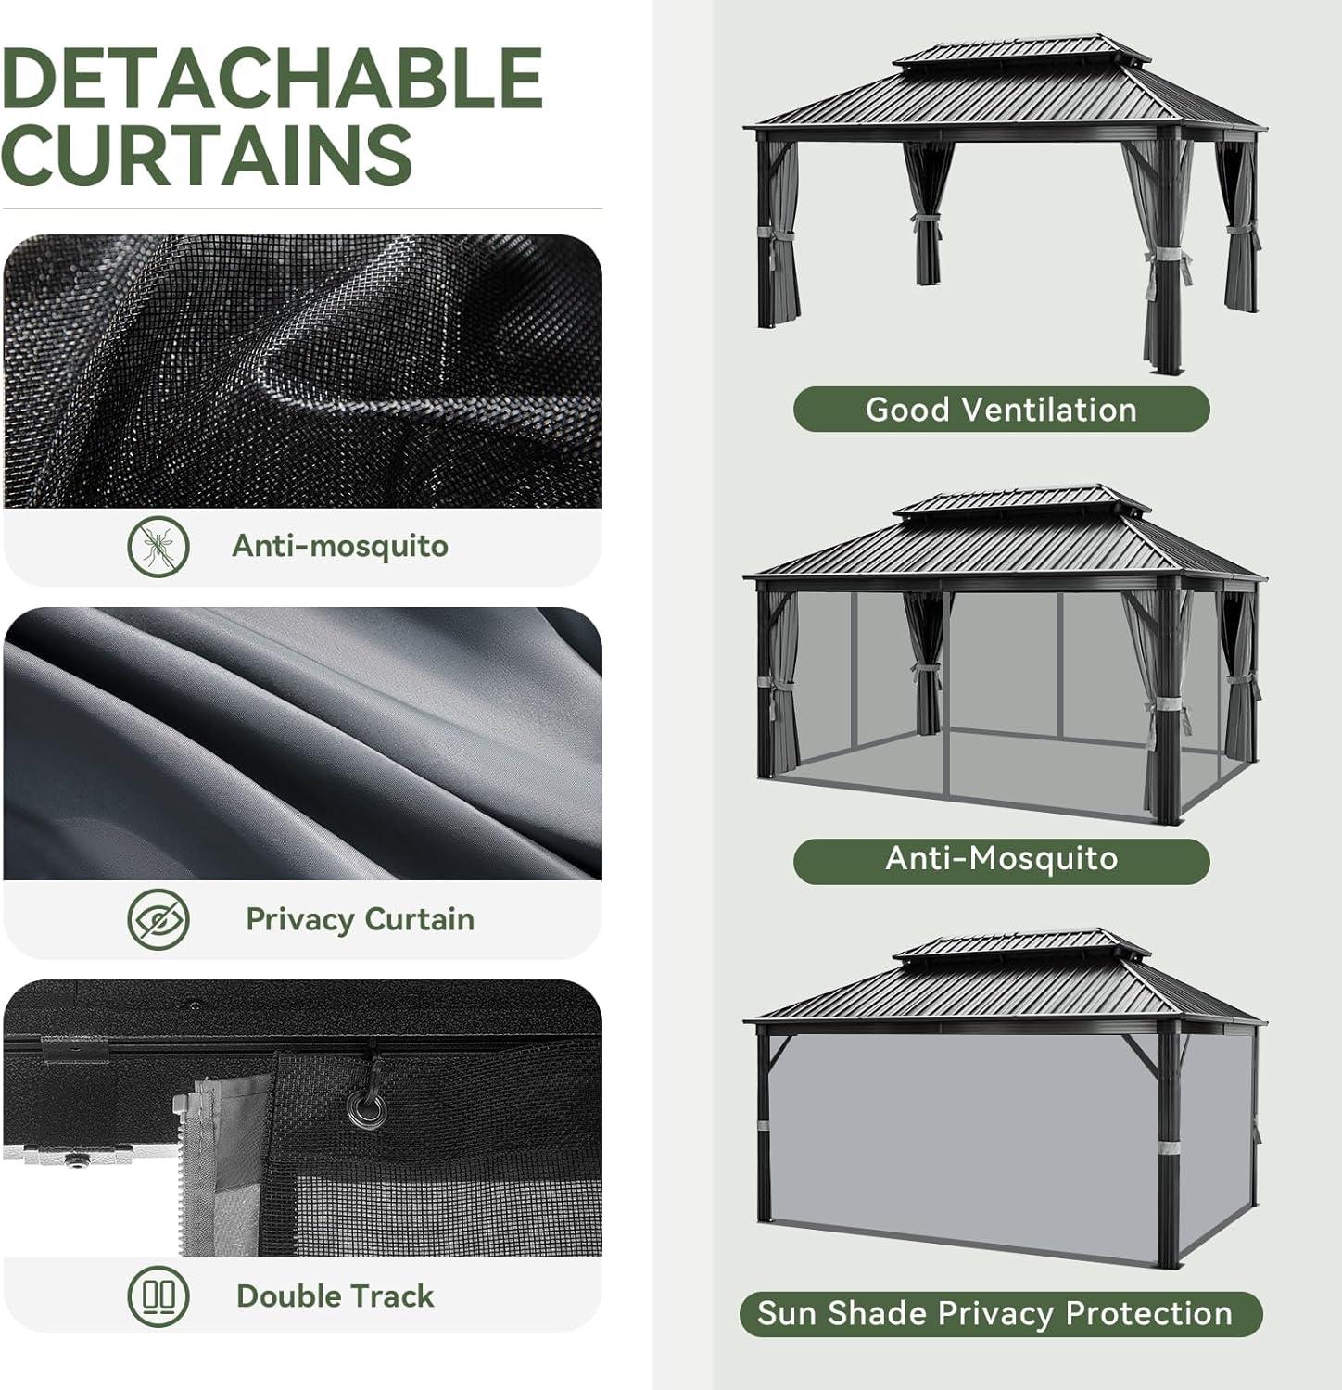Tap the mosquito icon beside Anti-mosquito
click(x=158, y=547)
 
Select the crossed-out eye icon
click(x=158, y=919)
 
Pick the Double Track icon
click(x=158, y=1295)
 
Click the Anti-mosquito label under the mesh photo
click(x=340, y=546)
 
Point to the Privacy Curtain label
click(x=360, y=919)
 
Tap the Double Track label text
click(x=335, y=1295)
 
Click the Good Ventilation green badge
click(x=1001, y=410)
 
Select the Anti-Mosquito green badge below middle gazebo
click(x=1001, y=859)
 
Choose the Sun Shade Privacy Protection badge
click(x=1001, y=1314)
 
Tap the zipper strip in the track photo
click(x=196, y=1172)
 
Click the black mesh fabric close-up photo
click(x=302, y=371)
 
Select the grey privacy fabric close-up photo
click(x=302, y=743)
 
